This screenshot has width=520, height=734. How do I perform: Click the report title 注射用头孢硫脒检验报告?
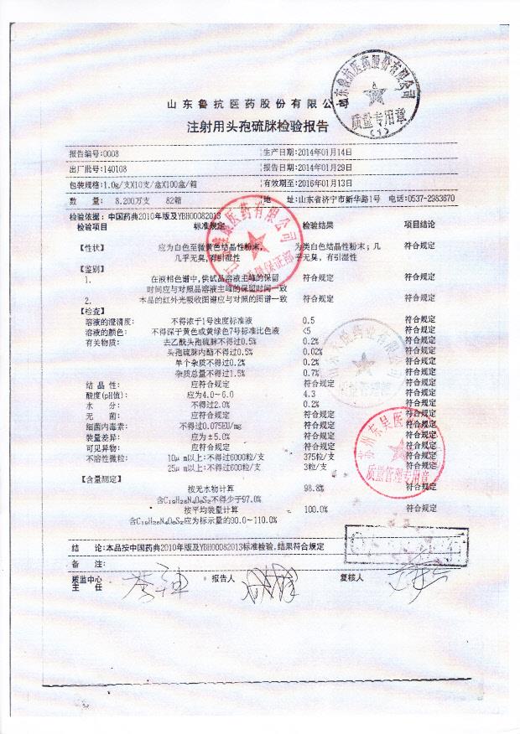pyautogui.click(x=257, y=127)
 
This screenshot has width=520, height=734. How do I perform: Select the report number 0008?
pyautogui.click(x=110, y=154)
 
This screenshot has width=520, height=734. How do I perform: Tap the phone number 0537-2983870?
pyautogui.click(x=429, y=199)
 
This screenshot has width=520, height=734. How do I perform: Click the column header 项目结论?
pyautogui.click(x=419, y=226)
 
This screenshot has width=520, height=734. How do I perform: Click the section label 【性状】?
pyautogui.click(x=92, y=248)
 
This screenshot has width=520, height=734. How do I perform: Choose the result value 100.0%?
pyautogui.click(x=315, y=509)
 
